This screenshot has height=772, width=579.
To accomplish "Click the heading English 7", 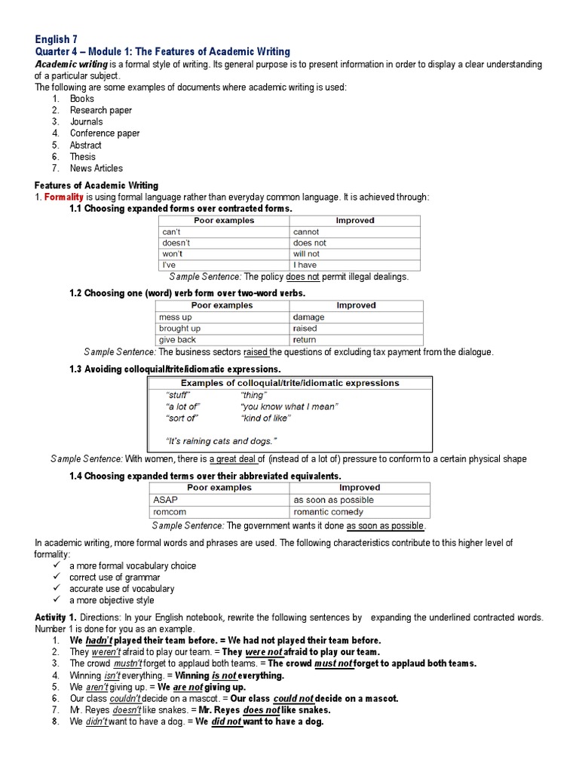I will tap(56, 38).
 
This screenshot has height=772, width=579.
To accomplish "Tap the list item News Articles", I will tap(96, 168).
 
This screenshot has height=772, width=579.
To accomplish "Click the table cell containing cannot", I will tap(306, 232).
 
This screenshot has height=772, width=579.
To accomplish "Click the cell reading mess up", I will tap(176, 317).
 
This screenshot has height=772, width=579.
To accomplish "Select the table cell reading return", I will tap(305, 340).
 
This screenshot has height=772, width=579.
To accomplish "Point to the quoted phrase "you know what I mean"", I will tap(289, 406).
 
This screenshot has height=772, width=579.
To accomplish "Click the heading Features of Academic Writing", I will tap(96, 185).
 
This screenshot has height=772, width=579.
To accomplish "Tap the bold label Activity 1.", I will tap(56, 617).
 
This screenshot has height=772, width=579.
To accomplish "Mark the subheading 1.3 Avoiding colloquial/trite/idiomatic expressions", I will tap(175, 369).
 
